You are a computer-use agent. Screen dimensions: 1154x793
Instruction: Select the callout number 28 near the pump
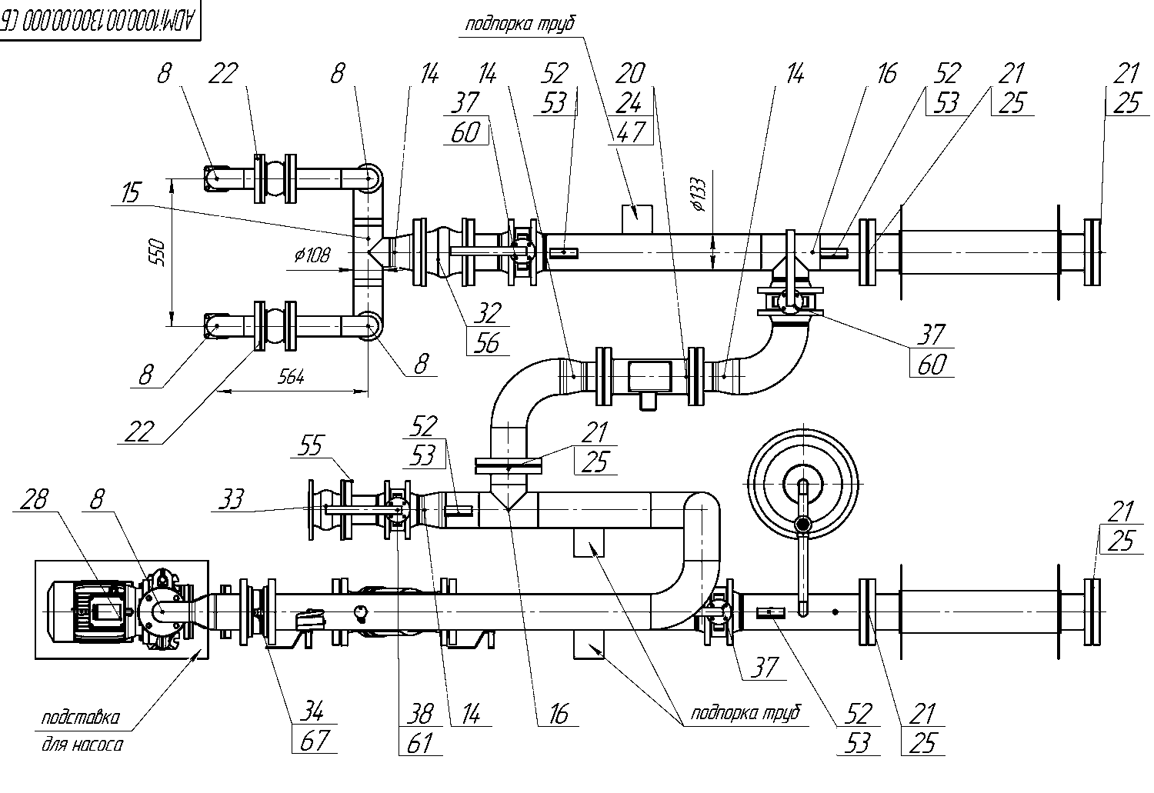[x=34, y=499]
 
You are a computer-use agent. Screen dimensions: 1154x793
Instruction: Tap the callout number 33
[x=231, y=499]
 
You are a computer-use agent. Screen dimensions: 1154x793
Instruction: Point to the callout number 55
[x=310, y=445]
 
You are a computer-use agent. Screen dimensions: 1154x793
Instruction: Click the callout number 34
[x=312, y=711]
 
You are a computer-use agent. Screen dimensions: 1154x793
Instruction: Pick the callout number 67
[x=314, y=741]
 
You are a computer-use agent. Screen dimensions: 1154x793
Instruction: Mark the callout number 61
[x=419, y=743]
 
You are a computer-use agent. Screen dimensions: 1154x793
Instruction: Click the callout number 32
[x=487, y=313]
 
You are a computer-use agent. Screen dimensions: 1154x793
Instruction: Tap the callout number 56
[x=487, y=342]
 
